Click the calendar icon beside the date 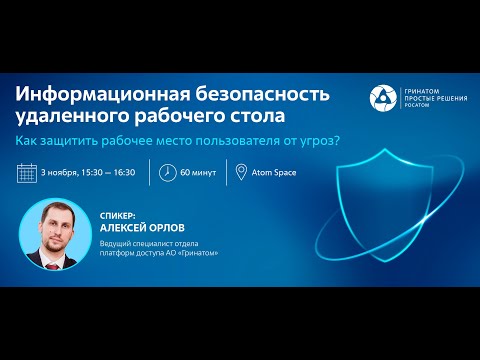pyautogui.click(x=28, y=171)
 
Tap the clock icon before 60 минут pyautogui.click(x=169, y=171)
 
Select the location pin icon pyautogui.click(x=240, y=171)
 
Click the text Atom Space pyautogui.click(x=273, y=171)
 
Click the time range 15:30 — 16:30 pyautogui.click(x=107, y=171)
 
